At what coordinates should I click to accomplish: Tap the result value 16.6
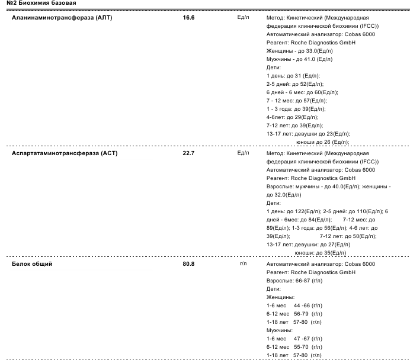[188, 18]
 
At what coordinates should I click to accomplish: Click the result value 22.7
[188, 153]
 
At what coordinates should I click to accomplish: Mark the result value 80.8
[188, 263]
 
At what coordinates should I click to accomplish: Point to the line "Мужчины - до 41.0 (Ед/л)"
[299, 60]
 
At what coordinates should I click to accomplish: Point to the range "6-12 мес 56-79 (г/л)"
[294, 313]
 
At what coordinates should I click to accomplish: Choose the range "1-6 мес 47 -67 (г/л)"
[294, 338]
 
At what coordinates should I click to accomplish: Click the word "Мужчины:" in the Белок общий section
[280, 330]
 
